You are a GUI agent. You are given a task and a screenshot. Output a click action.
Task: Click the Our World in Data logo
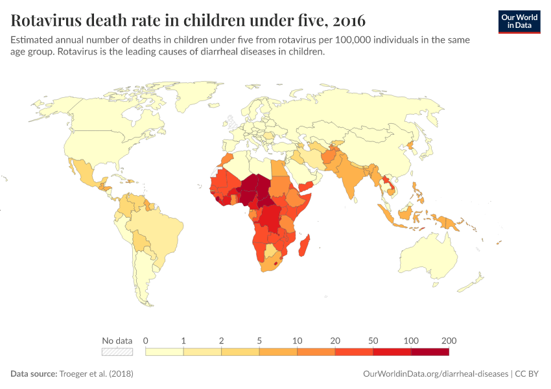(519, 21)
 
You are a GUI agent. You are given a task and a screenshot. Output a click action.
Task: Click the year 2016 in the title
(346, 20)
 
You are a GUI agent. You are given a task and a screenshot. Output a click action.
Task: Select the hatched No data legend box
(117, 351)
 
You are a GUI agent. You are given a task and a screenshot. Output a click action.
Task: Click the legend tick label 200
(449, 341)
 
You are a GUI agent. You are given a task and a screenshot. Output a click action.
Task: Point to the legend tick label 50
(373, 341)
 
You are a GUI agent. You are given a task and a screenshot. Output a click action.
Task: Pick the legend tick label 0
(146, 341)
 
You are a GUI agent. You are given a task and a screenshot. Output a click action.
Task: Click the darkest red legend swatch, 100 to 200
(430, 351)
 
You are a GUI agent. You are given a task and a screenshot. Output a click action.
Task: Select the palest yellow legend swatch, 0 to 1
(165, 351)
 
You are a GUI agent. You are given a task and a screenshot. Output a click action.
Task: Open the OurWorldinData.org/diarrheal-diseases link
(436, 374)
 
